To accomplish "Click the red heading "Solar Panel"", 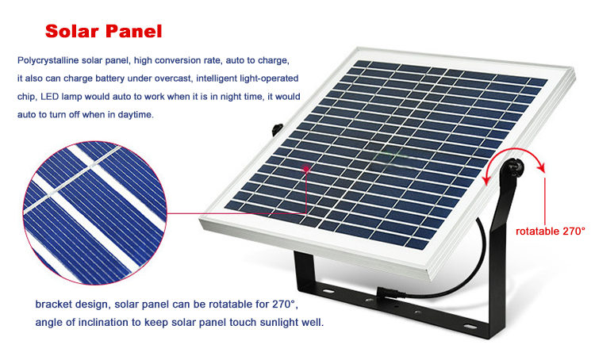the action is pos(104,31).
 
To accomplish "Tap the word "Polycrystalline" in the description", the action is pos(48,61).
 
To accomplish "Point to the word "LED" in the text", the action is pos(50,97).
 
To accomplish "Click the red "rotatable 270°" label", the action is pos(551,231).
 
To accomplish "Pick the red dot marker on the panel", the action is pos(306,169).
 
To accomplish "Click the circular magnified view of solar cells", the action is pos(95,213).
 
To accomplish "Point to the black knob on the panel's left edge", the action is pos(278,128).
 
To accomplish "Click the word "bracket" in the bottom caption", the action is pos(52,304).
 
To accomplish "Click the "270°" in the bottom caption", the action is pos(283,304).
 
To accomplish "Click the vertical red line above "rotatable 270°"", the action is pos(545,201).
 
